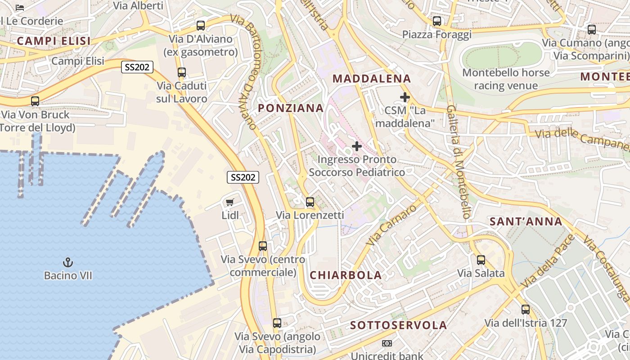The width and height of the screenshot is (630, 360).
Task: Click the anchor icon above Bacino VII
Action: click(68, 262)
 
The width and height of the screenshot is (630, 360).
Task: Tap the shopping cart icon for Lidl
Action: click(230, 202)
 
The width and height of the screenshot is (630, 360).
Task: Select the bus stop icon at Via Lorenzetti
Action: click(310, 202)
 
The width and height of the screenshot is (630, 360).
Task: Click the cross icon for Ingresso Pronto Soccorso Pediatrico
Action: click(357, 146)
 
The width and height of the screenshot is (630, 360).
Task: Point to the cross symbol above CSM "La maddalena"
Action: click(405, 97)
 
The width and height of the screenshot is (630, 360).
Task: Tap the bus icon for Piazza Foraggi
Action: click(436, 21)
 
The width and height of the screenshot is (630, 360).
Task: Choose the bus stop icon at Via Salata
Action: click(481, 260)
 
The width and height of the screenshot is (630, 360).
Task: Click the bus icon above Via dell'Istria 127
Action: click(526, 310)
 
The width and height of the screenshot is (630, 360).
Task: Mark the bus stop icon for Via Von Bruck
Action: click(35, 101)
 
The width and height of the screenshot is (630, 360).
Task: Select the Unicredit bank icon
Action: click(387, 343)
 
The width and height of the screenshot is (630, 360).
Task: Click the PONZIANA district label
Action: click(291, 108)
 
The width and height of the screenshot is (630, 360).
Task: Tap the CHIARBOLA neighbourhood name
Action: click(346, 275)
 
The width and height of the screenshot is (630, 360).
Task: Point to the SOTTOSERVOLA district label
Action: click(399, 325)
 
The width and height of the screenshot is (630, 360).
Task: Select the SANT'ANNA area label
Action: click(526, 221)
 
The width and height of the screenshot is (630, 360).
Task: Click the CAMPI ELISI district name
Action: click(54, 41)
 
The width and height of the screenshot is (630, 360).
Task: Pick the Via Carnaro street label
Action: click(391, 225)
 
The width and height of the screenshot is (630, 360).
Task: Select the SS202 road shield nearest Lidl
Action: click(243, 177)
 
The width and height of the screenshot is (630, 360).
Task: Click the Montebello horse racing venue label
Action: click(506, 79)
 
